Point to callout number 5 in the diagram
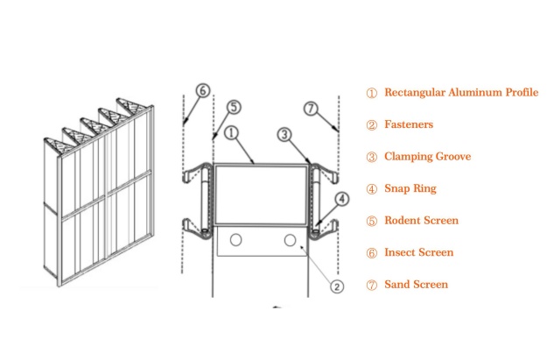coord(232,107)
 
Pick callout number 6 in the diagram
coord(202,90)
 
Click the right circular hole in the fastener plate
coord(290,240)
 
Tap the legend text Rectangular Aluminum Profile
coord(460,93)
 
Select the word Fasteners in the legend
coord(409,124)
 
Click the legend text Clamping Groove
coord(428,157)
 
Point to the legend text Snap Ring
coord(410,188)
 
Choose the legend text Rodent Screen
coord(421,221)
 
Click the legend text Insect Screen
coord(419,252)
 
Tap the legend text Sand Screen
coord(416,285)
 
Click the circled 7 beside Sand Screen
coord(371,285)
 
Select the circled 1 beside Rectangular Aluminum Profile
coord(371,93)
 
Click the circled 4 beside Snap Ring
coord(371,188)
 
